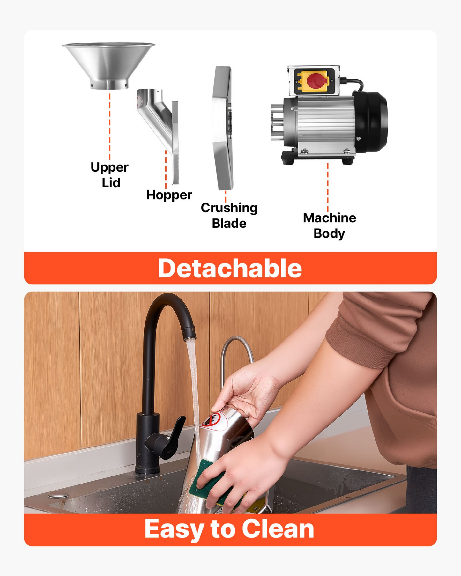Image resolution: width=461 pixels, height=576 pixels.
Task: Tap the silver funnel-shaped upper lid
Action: (109, 65)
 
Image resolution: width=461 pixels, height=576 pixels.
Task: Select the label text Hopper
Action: (169, 195)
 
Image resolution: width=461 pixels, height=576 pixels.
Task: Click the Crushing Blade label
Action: (229, 216)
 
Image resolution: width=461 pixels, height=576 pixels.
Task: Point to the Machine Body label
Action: (330, 226)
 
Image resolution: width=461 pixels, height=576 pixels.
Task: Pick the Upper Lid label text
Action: (109, 175)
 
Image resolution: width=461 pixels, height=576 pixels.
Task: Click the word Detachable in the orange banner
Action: (230, 269)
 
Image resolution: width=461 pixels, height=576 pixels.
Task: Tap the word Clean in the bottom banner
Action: (278, 529)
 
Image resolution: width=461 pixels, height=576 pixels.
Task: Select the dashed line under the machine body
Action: (328, 188)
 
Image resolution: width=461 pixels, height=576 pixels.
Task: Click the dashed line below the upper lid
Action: (110, 126)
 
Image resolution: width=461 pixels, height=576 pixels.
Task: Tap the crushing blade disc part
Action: (223, 128)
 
